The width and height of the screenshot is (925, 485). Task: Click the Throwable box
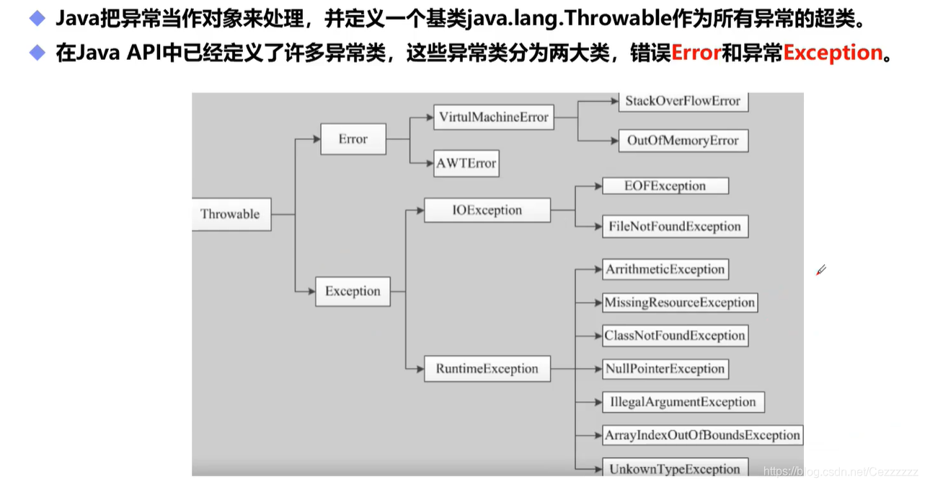pyautogui.click(x=231, y=214)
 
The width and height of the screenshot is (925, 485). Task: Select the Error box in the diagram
pyautogui.click(x=353, y=139)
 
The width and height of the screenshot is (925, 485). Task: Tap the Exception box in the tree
pyautogui.click(x=353, y=291)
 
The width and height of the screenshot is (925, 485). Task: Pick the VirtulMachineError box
pyautogui.click(x=493, y=117)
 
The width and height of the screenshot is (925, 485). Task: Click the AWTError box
pyautogui.click(x=466, y=163)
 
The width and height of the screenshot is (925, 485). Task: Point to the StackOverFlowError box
pyautogui.click(x=682, y=101)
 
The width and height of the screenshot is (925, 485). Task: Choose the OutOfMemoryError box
pyautogui.click(x=682, y=140)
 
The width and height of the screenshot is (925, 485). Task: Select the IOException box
pyautogui.click(x=487, y=210)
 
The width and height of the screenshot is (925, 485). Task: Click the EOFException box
pyautogui.click(x=665, y=185)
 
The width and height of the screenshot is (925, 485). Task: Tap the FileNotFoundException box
pyautogui.click(x=674, y=226)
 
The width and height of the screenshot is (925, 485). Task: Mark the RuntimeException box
pyautogui.click(x=487, y=369)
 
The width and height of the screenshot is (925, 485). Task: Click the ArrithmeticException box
pyautogui.click(x=665, y=269)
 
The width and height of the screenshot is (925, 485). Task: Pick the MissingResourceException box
pyautogui.click(x=679, y=302)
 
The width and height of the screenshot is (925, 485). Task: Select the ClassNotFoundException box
pyautogui.click(x=674, y=336)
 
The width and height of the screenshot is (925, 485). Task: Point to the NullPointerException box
pyautogui.click(x=665, y=369)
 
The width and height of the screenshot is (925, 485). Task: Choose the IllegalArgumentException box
pyautogui.click(x=682, y=402)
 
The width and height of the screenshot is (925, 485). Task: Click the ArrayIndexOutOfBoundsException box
pyautogui.click(x=702, y=435)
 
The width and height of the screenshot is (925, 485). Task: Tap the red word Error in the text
pyautogui.click(x=696, y=53)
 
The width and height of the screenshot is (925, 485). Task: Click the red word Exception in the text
pyautogui.click(x=833, y=53)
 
